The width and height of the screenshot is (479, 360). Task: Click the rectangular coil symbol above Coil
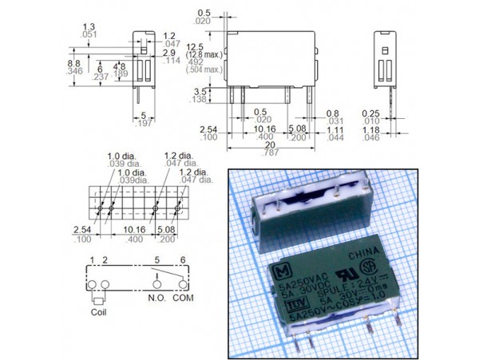pyautogui.click(x=99, y=301)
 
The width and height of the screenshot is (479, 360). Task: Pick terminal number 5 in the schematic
pyautogui.click(x=158, y=260)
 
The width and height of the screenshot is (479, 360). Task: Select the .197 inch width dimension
pyautogui.click(x=144, y=124)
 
